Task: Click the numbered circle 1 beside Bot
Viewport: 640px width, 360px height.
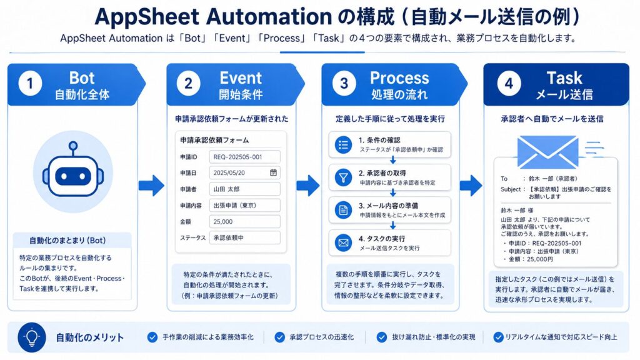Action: (x=30, y=84)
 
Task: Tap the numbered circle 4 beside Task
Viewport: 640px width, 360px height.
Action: (x=509, y=84)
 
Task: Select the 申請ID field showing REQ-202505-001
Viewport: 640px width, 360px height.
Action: (x=244, y=157)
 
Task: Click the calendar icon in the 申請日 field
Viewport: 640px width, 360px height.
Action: (x=274, y=172)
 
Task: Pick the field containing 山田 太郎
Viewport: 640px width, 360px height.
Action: (x=244, y=189)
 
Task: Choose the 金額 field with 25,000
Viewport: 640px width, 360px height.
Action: (x=244, y=222)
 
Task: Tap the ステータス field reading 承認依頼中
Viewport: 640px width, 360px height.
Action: (x=244, y=237)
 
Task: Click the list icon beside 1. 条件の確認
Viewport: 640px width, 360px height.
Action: (x=343, y=144)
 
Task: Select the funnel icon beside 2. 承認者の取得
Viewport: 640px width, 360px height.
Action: (x=343, y=177)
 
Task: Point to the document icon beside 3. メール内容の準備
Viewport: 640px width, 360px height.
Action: (x=343, y=210)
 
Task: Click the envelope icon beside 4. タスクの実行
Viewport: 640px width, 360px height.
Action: (x=343, y=243)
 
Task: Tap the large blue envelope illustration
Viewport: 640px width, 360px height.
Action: (x=547, y=152)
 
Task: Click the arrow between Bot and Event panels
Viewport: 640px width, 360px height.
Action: (x=151, y=185)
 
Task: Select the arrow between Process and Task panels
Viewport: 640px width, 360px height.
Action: (x=471, y=185)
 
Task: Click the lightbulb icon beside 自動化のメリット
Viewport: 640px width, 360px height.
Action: (x=32, y=337)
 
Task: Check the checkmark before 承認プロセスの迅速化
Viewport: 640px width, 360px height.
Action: (x=279, y=337)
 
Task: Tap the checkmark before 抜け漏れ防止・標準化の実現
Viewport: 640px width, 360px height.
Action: (x=382, y=337)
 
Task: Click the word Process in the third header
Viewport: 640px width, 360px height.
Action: (x=399, y=78)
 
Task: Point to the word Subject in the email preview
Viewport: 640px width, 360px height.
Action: (x=511, y=189)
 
